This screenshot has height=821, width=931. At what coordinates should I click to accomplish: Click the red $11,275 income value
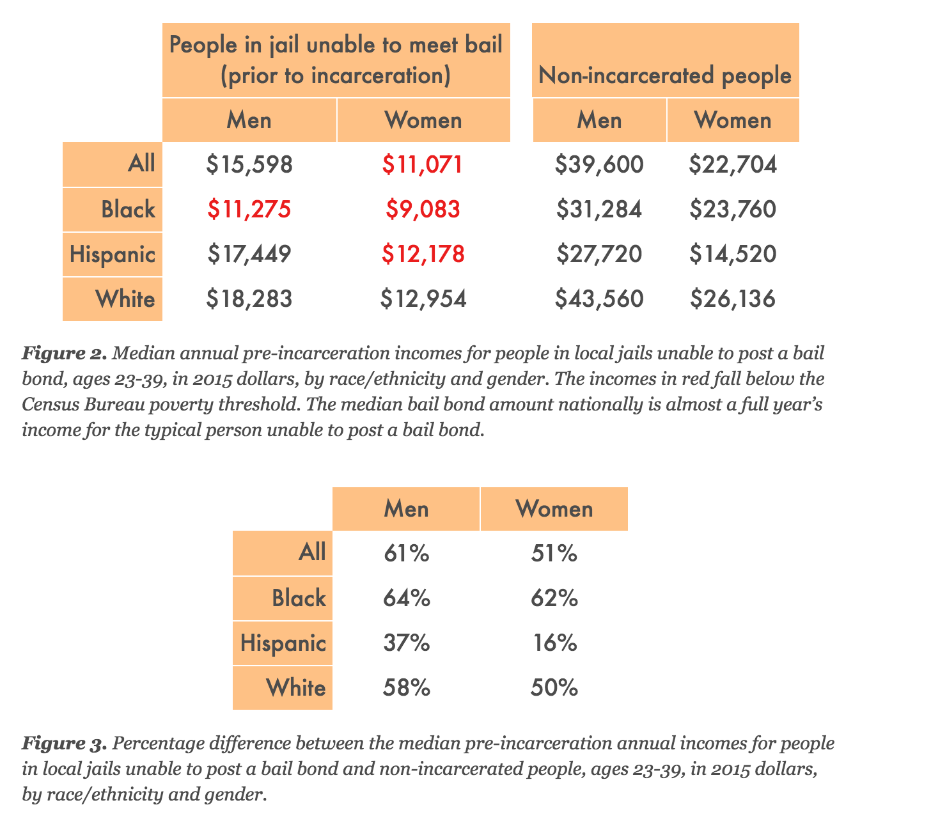[x=249, y=210]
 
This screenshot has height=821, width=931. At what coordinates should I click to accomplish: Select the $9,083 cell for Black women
[x=423, y=210]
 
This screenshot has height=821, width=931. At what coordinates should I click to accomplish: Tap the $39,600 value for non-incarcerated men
[x=599, y=165]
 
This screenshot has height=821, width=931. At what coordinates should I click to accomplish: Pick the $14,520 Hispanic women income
[x=733, y=254]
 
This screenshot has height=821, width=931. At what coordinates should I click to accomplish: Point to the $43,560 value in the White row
[x=599, y=299]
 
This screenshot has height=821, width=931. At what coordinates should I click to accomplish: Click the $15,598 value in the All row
[x=249, y=165]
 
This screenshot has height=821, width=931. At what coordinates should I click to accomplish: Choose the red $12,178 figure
[x=423, y=254]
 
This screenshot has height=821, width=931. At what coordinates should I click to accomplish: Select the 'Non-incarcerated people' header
[x=665, y=75]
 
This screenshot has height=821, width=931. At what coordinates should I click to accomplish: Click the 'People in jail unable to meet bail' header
[x=336, y=61]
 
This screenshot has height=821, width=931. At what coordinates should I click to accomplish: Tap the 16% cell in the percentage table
[x=555, y=643]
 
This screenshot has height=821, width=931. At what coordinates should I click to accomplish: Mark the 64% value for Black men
[x=407, y=598]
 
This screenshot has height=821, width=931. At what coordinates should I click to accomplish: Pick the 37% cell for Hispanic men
[x=407, y=643]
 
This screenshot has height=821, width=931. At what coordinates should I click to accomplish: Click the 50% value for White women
[x=554, y=688]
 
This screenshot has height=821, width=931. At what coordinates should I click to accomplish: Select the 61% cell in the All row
[x=407, y=553]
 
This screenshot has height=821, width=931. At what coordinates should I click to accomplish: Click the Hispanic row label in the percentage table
[x=283, y=643]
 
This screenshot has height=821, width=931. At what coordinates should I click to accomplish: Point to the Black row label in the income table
[x=128, y=210]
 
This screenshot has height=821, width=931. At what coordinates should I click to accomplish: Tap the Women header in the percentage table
[x=554, y=509]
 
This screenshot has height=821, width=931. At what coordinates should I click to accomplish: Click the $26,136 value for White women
[x=733, y=299]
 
